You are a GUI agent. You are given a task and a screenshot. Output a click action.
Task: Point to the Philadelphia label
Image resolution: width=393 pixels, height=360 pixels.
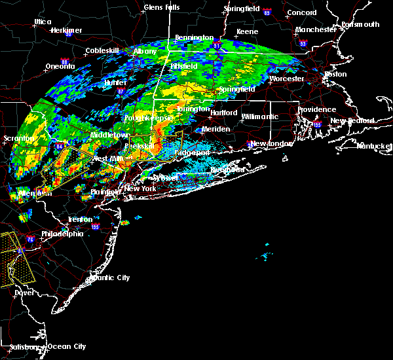[62, 234]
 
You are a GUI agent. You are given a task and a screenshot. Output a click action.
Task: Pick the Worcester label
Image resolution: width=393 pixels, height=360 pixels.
[286, 79]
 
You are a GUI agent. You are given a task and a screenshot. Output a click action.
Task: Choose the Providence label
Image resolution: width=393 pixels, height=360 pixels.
[317, 110]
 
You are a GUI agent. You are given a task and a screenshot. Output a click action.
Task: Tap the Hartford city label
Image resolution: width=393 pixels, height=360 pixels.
[223, 113]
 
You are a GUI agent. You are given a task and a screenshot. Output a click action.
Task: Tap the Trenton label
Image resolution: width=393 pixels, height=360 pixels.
[80, 219]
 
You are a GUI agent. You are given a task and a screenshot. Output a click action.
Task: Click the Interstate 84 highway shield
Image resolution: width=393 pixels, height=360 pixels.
[62, 147]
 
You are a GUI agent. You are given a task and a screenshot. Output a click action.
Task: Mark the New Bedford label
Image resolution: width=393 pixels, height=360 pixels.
[352, 121]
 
